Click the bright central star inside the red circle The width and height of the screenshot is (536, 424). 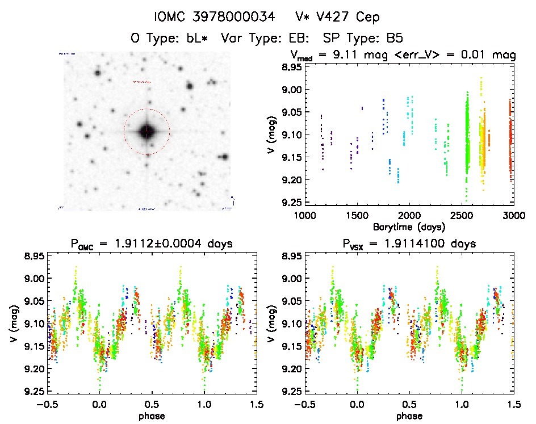click(x=146, y=132)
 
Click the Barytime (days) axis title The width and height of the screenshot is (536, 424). click(x=409, y=226)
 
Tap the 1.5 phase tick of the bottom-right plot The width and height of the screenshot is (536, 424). click(x=513, y=404)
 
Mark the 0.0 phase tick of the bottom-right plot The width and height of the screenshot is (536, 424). click(x=357, y=404)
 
